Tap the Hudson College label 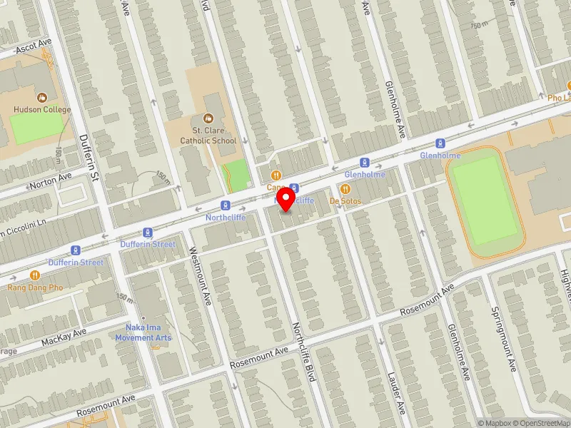point(41,109)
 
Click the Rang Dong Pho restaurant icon point(35,275)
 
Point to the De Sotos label point(345,201)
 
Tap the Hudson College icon point(41,96)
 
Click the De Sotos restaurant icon point(345,188)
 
